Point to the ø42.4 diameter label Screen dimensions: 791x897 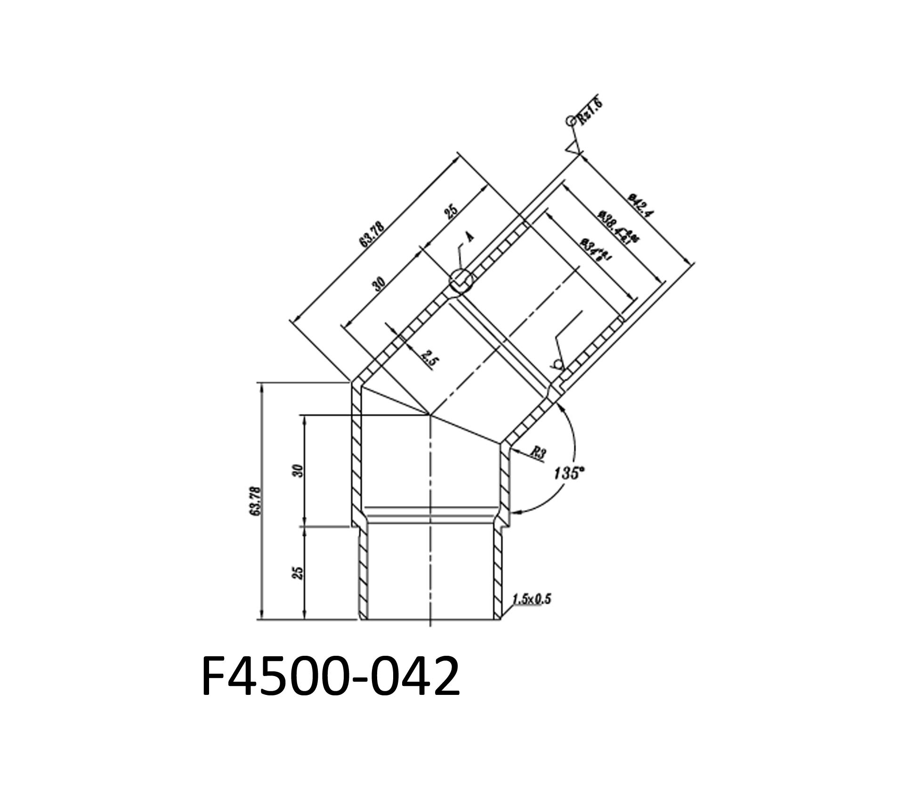pyautogui.click(x=641, y=205)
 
